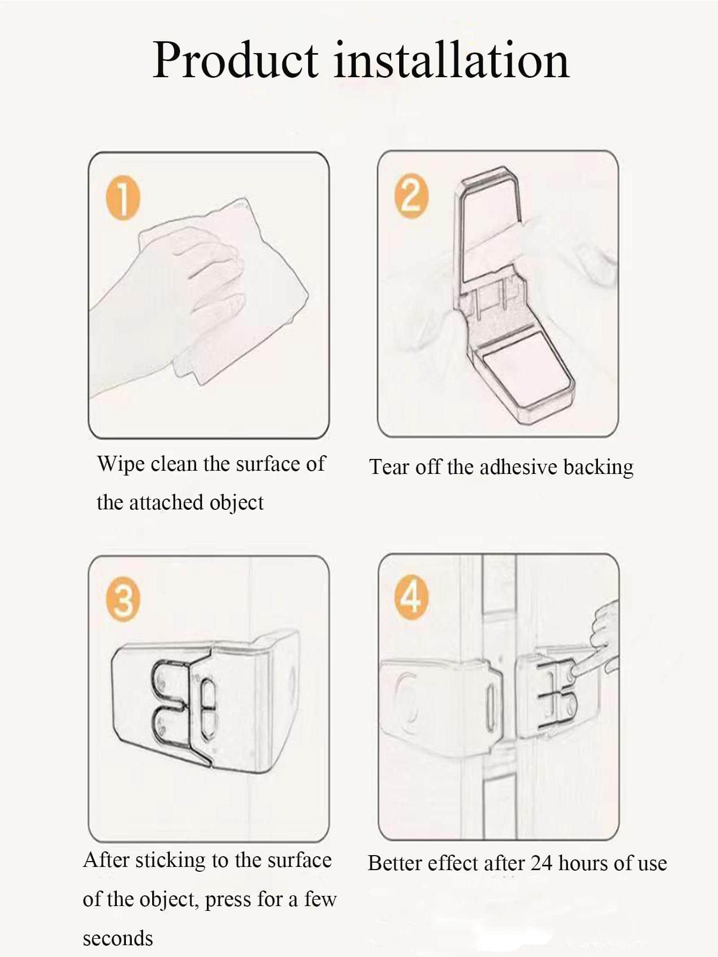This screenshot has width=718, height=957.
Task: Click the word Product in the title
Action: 235,60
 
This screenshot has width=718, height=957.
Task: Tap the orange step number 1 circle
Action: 123,200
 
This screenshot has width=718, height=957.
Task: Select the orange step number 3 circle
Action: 123,600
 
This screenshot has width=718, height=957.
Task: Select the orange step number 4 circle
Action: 412,597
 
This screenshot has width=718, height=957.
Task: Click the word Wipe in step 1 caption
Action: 119,464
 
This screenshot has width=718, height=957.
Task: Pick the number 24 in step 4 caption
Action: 541,863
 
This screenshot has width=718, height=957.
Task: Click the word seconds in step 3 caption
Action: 117,938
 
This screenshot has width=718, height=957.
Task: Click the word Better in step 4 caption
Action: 393,863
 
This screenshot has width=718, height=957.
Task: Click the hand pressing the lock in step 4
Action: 603,638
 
